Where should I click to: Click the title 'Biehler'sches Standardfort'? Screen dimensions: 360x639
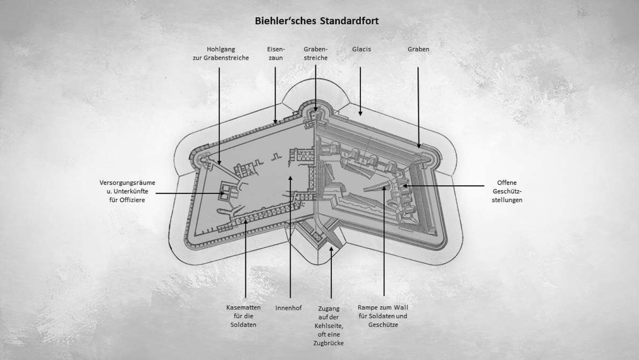(x=317, y=21)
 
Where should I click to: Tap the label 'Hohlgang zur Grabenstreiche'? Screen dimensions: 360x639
(x=221, y=53)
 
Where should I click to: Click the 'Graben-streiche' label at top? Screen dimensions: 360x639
(x=315, y=53)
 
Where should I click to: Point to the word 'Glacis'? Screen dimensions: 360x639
(x=361, y=49)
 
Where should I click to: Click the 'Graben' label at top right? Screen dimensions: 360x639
(x=418, y=49)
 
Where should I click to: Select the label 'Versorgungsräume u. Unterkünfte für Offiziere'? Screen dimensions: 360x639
(x=127, y=190)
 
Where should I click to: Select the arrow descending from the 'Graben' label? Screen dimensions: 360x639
(x=418, y=107)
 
